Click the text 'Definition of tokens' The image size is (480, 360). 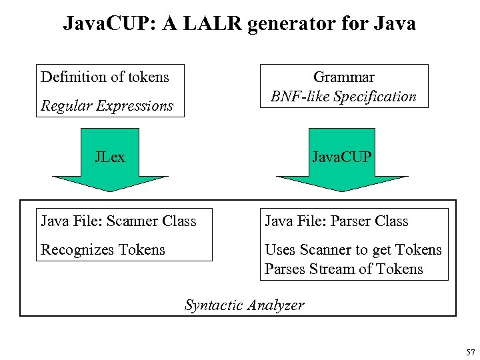click(x=105, y=77)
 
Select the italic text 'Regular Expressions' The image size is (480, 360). click(x=107, y=105)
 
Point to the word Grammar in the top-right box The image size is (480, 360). click(x=343, y=77)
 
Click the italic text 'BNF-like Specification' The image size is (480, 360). click(x=343, y=97)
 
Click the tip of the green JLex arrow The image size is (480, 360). click(x=110, y=191)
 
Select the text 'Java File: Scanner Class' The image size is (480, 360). click(x=119, y=221)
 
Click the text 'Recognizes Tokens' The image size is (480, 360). click(x=103, y=250)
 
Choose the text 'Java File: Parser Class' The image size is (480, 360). click(x=336, y=221)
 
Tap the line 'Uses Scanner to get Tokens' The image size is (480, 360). click(x=353, y=250)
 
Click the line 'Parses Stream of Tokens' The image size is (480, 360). click(x=343, y=269)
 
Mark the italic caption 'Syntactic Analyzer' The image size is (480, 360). click(x=244, y=305)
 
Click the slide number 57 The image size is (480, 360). click(x=470, y=351)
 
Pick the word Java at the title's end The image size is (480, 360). click(x=395, y=24)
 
